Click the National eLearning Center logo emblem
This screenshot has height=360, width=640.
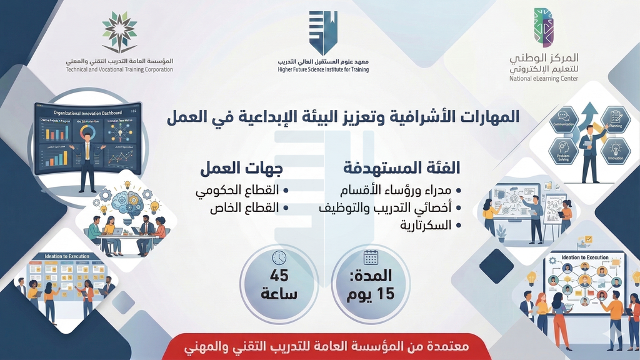pyautogui.click(x=543, y=27)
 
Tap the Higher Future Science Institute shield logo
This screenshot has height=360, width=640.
pyautogui.click(x=323, y=33)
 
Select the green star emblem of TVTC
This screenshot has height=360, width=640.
pyautogui.click(x=119, y=32)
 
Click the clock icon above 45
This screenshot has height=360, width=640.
pyautogui.click(x=279, y=257)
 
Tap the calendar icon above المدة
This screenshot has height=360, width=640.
pyautogui.click(x=371, y=257)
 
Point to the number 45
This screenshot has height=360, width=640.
pyautogui.click(x=279, y=276)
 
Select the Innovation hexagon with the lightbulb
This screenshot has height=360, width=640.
pyautogui.click(x=615, y=150)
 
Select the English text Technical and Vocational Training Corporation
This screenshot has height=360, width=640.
pyautogui.click(x=119, y=69)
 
